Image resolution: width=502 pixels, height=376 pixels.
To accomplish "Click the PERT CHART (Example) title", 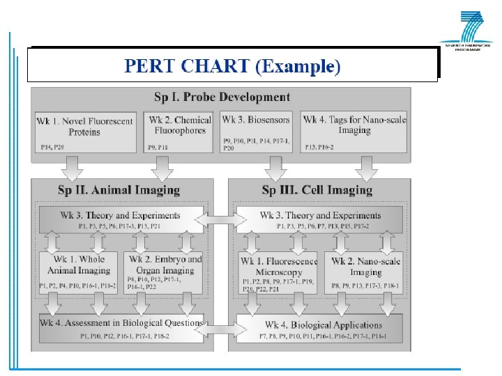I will [232, 66].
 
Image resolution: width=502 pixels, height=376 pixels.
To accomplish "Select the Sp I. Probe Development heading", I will [222, 97].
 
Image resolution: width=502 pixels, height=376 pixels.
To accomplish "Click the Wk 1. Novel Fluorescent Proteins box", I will [84, 132].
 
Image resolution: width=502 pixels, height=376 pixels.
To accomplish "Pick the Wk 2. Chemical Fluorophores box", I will [180, 132].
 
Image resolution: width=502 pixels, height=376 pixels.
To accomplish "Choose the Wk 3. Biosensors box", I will [257, 132].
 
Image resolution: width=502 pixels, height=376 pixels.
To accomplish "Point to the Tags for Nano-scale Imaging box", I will [355, 132].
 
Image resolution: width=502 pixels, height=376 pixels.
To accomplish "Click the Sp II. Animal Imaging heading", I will [122, 189].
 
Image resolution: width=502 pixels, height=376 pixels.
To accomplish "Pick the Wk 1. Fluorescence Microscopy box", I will [277, 272].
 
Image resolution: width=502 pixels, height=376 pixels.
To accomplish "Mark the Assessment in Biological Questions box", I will [121, 328].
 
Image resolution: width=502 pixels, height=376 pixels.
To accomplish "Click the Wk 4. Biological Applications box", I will [320, 329].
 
